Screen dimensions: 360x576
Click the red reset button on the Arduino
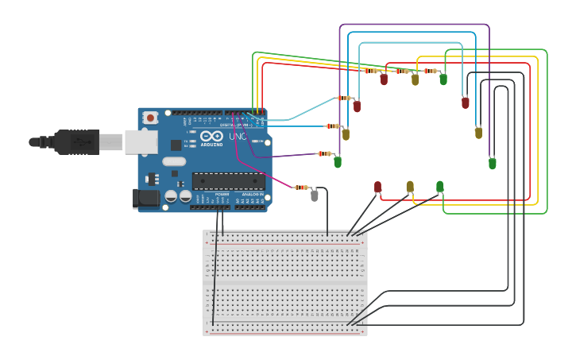point(150,118)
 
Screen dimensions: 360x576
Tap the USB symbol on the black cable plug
point(80,141)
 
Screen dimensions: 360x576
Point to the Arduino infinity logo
point(211,137)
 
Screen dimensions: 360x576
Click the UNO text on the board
point(238,137)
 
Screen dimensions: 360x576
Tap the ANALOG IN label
point(253,194)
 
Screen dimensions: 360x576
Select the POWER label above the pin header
point(222,194)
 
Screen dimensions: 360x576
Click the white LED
point(315,195)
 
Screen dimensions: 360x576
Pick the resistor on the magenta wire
point(301,188)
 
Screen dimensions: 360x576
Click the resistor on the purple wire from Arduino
point(324,153)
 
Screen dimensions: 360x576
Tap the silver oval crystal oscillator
point(174,161)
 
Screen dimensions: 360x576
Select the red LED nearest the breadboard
point(377,187)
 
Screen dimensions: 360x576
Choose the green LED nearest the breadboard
point(439,187)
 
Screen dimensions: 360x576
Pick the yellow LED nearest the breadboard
point(410,187)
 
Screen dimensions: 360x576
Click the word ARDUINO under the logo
point(211,145)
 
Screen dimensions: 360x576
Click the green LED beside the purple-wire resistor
point(338,162)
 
